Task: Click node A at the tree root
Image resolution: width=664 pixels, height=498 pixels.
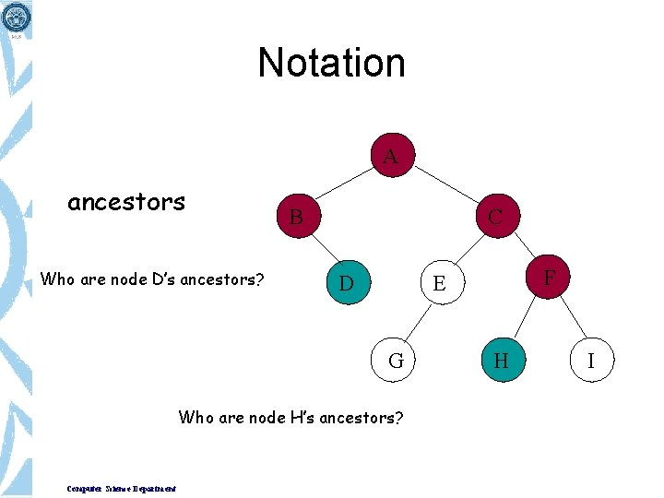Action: [391, 157]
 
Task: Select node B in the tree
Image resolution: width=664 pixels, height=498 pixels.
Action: [296, 218]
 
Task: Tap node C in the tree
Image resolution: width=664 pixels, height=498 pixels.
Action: [495, 217]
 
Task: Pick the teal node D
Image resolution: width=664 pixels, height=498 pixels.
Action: [346, 282]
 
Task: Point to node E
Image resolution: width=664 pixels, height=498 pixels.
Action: [439, 283]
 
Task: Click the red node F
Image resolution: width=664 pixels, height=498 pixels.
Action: [549, 276]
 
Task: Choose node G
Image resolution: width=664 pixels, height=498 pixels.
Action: [396, 361]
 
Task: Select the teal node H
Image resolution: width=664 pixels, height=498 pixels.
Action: [501, 361]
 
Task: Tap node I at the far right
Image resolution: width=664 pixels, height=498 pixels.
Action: [590, 361]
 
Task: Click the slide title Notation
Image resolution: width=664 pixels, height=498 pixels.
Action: [332, 63]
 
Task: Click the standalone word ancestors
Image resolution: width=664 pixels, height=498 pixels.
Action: [126, 202]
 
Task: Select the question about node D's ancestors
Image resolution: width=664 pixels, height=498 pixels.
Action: [152, 279]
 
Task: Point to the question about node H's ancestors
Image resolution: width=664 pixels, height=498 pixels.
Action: [290, 418]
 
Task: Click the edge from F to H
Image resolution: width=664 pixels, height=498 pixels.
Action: [522, 319]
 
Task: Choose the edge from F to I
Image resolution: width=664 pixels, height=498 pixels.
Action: [571, 319]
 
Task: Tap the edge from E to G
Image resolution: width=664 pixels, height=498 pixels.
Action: [417, 322]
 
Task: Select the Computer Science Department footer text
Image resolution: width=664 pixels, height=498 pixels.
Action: [122, 489]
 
